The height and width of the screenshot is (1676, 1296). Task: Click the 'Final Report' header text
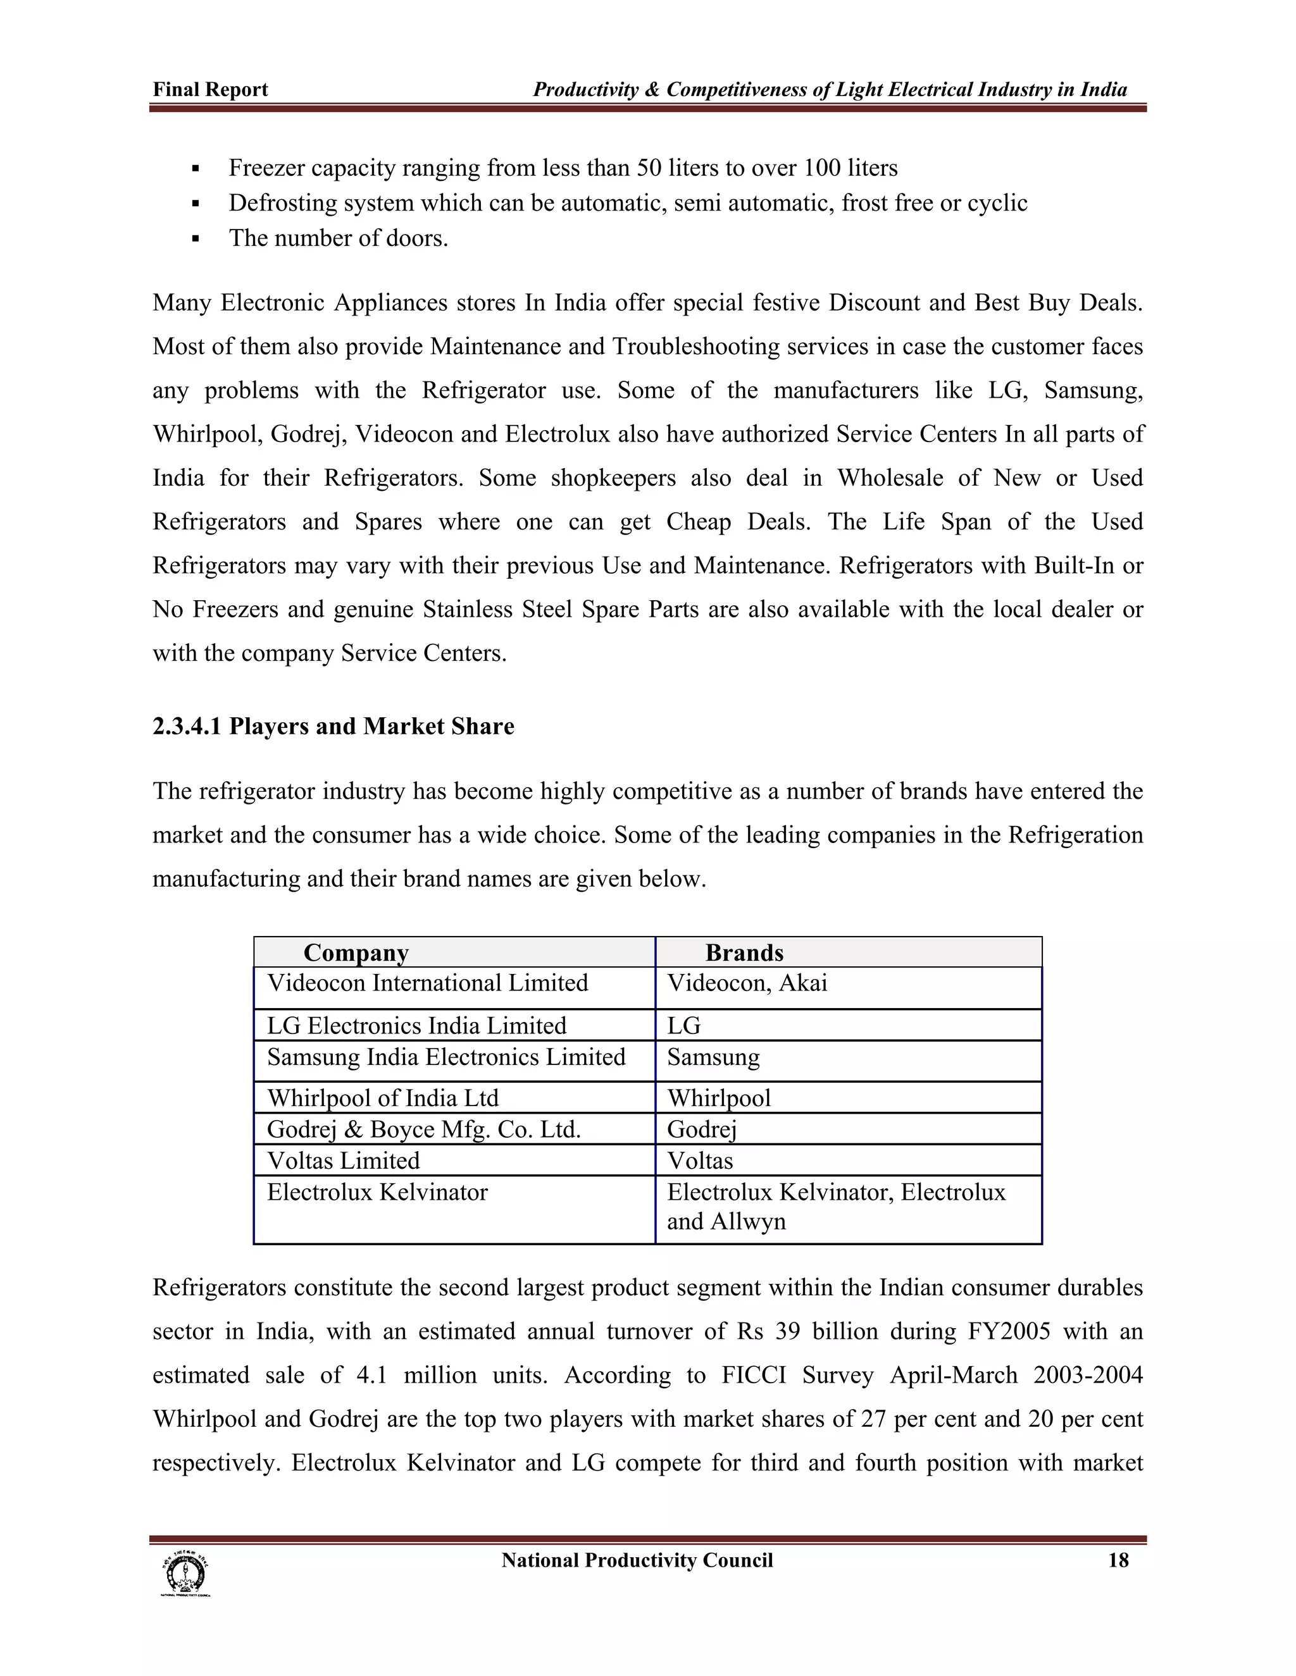point(210,90)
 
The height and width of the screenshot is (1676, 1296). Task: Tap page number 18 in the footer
point(1118,1560)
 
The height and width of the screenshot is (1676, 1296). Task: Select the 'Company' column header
point(356,952)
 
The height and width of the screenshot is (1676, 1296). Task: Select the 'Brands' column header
point(744,952)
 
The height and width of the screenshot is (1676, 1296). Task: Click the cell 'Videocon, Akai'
point(747,983)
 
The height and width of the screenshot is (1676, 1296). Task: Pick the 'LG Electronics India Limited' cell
point(416,1025)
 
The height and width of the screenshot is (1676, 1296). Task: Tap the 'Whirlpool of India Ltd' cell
point(382,1097)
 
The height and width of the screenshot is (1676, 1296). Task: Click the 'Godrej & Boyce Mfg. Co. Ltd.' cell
point(424,1129)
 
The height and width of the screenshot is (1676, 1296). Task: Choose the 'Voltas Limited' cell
point(343,1161)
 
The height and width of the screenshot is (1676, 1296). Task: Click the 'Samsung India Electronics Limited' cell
point(446,1057)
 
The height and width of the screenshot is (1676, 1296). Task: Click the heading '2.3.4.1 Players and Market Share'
point(333,726)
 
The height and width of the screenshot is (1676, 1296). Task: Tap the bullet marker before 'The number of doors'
point(196,238)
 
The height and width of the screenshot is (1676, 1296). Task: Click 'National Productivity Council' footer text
point(637,1560)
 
